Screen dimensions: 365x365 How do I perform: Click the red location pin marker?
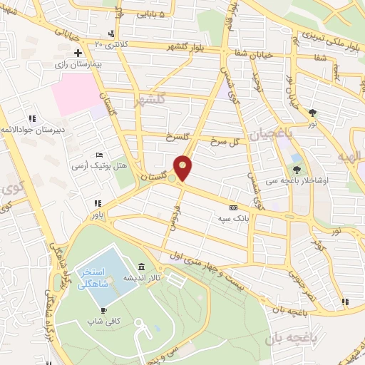click(x=183, y=168)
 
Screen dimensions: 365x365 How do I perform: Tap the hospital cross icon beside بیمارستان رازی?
click(x=78, y=53)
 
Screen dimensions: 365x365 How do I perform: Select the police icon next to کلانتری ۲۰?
click(x=110, y=34)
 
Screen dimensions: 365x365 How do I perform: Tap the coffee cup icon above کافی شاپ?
click(x=103, y=310)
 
